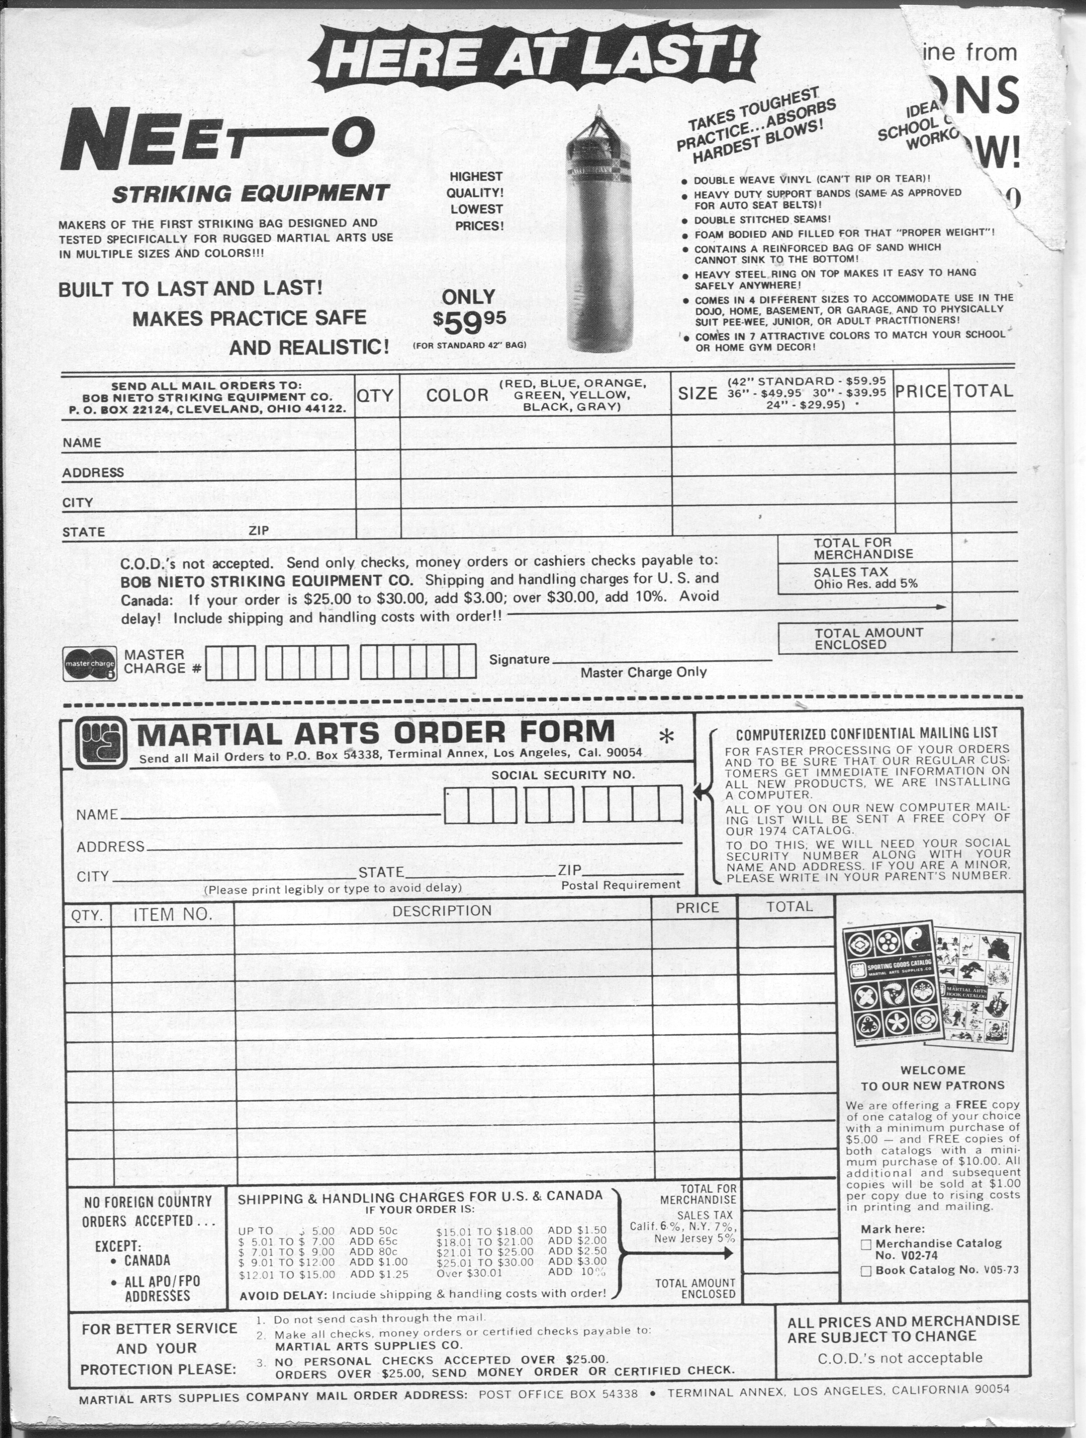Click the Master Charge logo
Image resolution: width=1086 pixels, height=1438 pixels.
(x=90, y=664)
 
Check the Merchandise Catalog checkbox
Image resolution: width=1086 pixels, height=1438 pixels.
(x=865, y=1244)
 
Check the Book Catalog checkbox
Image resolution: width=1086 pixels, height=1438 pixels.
(x=865, y=1271)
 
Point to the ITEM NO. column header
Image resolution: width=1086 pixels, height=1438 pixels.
(x=172, y=915)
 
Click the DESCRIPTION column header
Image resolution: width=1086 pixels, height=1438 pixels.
(x=441, y=911)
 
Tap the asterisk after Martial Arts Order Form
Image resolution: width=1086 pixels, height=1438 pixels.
(x=666, y=737)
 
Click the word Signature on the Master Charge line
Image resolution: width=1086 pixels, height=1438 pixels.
(x=519, y=659)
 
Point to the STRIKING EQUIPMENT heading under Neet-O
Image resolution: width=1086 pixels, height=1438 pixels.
(x=250, y=193)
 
